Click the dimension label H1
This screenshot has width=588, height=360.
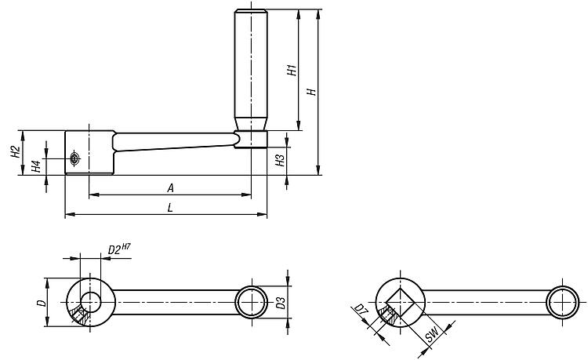coord(292,70)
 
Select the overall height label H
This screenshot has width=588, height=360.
coord(312,92)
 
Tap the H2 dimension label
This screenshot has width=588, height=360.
coord(16,151)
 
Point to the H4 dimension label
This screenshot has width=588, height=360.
coord(36,166)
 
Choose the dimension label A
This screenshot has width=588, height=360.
coord(171,188)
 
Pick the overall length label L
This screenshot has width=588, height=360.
coord(170,207)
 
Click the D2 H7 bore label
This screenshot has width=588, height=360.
coord(119,249)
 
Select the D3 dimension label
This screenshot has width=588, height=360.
coord(281,302)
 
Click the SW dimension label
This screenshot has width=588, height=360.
coord(432,334)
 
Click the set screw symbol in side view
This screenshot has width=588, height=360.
coord(75,158)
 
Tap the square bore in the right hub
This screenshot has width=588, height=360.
coord(400,302)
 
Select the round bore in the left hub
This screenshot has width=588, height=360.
coord(90,302)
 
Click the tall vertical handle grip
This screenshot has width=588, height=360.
coord(251,70)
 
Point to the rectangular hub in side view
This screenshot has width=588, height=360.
coord(89,153)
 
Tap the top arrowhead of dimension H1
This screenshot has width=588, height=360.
coord(299,14)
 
